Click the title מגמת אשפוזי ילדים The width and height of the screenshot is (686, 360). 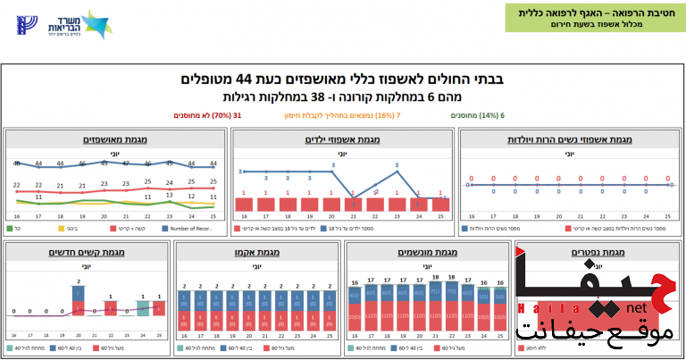(x=343, y=139)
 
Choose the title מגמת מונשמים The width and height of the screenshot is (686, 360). (x=427, y=253)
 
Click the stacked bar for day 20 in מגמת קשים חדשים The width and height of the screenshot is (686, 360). (x=78, y=299)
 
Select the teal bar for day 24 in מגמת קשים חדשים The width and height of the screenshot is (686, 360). (x=143, y=307)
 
